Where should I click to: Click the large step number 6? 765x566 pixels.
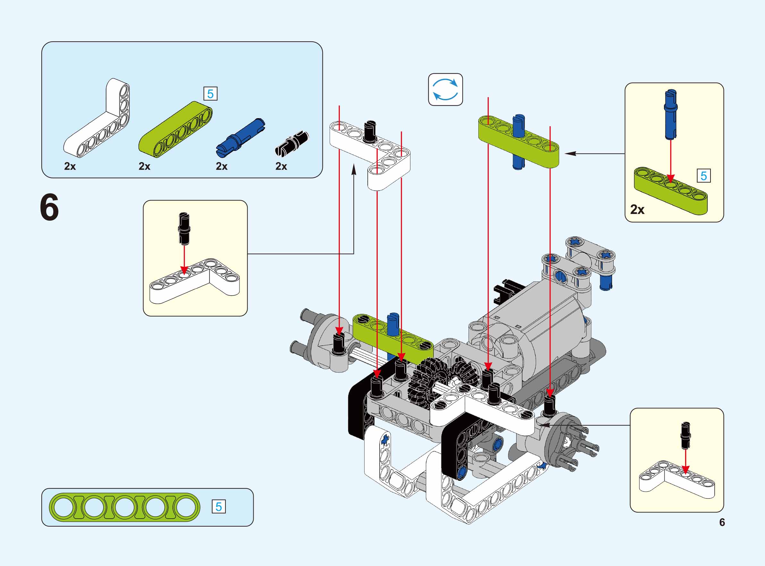click(x=49, y=208)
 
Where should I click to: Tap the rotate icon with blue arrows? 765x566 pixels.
click(x=445, y=89)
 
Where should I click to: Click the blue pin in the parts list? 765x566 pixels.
click(x=240, y=137)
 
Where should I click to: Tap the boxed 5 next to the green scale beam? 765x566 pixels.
click(x=218, y=507)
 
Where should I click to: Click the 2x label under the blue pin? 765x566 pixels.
click(x=222, y=166)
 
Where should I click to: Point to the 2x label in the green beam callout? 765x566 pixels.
click(x=637, y=210)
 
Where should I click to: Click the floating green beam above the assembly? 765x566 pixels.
click(x=518, y=142)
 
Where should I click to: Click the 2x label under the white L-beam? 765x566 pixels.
click(x=70, y=166)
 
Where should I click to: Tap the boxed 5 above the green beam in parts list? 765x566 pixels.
click(x=211, y=94)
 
